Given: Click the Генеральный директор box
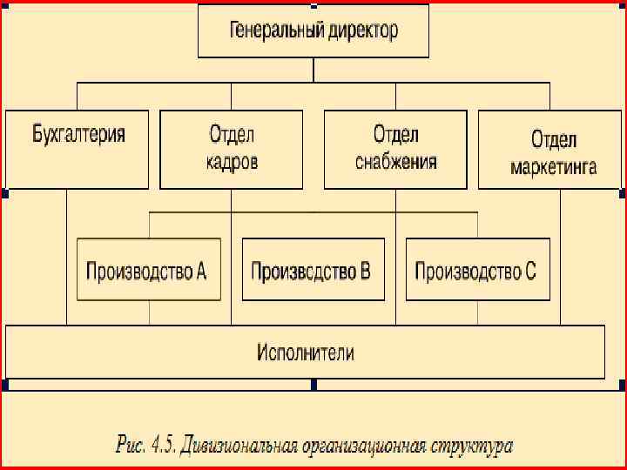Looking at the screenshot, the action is pos(313,31).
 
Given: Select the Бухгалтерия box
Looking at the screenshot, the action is pos(78,149).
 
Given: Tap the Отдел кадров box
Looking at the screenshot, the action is pos(232,149).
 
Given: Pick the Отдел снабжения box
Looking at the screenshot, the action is pos(395,149).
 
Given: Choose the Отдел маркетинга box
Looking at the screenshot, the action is pos(551,149).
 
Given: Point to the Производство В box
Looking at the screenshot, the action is pos(311,270).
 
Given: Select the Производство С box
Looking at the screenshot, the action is pos(477,270).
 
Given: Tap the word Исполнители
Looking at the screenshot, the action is pos(306,352).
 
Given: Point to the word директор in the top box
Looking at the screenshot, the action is pos(364,31).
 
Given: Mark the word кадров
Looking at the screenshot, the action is pos(232,162).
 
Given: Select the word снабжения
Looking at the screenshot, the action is pos(396,162).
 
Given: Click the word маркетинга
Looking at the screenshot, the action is pos(554,166).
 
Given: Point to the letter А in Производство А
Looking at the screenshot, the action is pos(201,270).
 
